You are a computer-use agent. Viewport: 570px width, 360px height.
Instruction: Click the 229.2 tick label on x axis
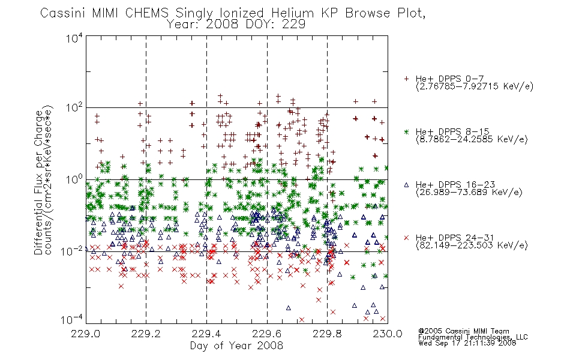click(146, 334)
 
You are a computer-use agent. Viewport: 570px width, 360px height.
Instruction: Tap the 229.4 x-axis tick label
click(206, 334)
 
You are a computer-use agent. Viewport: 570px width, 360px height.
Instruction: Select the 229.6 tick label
click(267, 334)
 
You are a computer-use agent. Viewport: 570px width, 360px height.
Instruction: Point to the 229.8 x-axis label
click(327, 334)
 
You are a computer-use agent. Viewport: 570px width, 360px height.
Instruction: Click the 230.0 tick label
click(388, 334)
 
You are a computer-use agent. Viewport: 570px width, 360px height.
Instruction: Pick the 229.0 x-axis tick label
click(86, 334)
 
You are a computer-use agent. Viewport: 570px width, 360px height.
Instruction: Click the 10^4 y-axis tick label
click(74, 38)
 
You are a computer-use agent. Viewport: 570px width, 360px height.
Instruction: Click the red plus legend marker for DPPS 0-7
click(406, 79)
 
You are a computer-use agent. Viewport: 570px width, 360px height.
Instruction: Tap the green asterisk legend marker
click(406, 131)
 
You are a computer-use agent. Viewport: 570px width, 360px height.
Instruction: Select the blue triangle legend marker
click(406, 185)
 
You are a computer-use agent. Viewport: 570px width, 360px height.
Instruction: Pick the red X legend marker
click(406, 238)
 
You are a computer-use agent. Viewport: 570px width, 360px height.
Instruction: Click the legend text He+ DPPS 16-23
click(455, 185)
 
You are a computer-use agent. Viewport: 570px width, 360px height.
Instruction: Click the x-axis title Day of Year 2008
click(236, 346)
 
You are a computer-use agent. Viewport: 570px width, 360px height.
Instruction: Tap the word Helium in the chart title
click(293, 13)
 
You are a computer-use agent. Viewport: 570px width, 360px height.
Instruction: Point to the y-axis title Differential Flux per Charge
click(38, 182)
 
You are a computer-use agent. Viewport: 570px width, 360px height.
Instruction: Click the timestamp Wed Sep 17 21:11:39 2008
click(467, 343)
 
